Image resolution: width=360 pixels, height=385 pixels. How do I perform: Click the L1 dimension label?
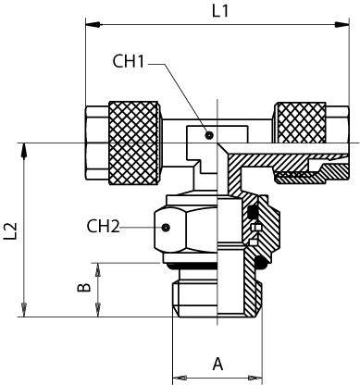(220, 11)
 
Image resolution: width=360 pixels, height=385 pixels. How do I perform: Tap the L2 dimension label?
(10, 231)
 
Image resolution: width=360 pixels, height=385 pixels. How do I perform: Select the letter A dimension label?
(217, 364)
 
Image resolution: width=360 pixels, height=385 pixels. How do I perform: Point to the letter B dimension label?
(84, 287)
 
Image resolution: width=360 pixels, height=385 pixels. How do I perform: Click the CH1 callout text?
(129, 61)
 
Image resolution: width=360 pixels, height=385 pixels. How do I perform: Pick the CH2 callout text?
(103, 226)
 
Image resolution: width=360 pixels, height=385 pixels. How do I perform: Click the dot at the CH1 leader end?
(209, 135)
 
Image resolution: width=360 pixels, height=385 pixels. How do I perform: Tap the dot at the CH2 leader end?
(166, 228)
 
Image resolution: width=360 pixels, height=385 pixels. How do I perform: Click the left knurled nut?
(134, 143)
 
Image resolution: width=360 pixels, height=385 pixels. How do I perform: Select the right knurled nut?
(300, 123)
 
